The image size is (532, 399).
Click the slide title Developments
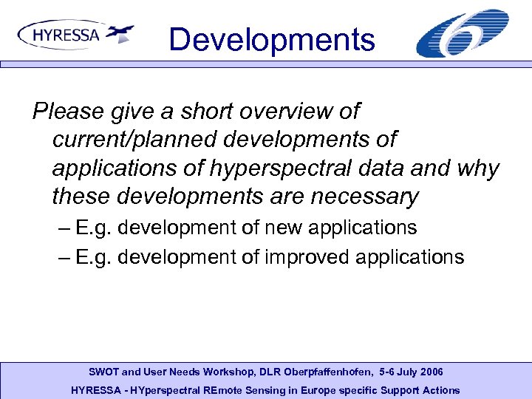(271, 39)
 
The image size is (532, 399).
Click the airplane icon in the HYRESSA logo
(120, 33)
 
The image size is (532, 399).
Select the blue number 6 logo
(463, 33)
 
